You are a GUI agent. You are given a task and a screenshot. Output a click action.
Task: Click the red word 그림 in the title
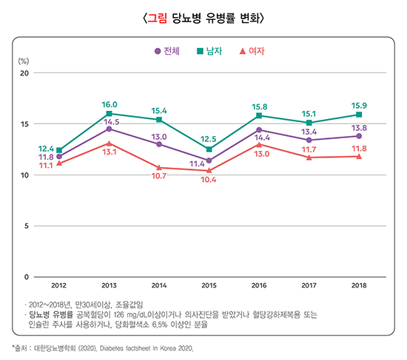click(156, 18)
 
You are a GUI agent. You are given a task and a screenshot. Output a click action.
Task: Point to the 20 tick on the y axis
click(24, 73)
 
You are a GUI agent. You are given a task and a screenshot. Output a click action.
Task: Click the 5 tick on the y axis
click(26, 226)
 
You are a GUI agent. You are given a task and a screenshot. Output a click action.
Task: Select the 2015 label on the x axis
click(209, 285)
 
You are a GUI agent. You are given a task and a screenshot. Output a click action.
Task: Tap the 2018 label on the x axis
click(359, 285)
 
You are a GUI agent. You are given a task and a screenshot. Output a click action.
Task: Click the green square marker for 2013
click(110, 114)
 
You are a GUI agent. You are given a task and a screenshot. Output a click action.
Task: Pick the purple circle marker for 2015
click(209, 160)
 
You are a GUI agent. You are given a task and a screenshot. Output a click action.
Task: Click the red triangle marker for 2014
click(159, 168)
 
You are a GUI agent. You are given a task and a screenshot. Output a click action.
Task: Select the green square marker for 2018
click(359, 115)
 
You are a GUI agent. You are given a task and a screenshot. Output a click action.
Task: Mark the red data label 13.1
click(111, 152)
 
